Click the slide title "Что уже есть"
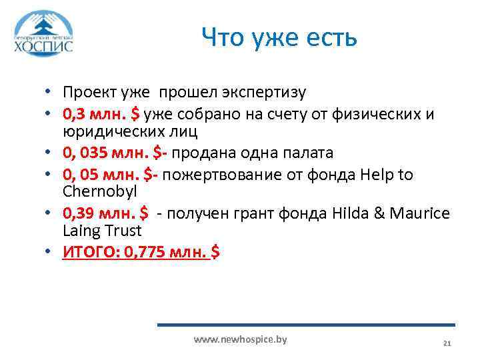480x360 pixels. click(x=279, y=37)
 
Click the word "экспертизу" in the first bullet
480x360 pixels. click(x=267, y=92)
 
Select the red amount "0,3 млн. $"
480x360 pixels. click(x=101, y=114)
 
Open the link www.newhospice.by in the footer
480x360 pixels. click(x=240, y=339)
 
